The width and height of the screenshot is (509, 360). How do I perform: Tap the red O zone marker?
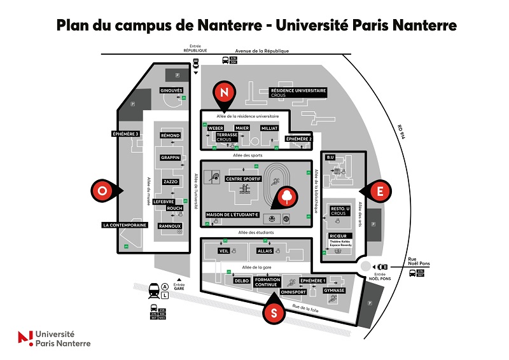102,190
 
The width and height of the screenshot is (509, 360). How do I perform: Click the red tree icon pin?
288,196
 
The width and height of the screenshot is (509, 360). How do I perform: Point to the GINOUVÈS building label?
171,90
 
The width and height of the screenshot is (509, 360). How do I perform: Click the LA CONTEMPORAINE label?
125,225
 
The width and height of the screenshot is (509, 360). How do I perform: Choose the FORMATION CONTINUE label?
267,282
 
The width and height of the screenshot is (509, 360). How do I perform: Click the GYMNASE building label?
334,290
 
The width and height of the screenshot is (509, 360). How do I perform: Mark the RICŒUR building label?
338,236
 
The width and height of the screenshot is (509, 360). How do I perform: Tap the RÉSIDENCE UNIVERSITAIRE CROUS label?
298,93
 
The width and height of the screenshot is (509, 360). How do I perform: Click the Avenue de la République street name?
262,50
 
